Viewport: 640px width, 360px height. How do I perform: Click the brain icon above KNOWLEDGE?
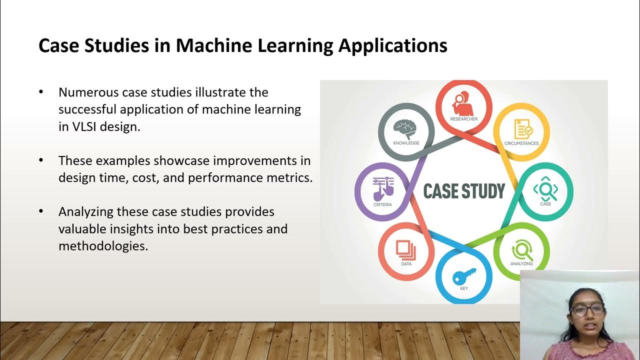tap(405, 129)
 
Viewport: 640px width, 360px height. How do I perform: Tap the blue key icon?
tap(464, 275)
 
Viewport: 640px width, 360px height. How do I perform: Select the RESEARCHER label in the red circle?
tap(464, 119)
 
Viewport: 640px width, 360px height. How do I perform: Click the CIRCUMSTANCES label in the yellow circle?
tap(521, 143)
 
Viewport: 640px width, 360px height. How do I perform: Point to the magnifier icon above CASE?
tap(545, 189)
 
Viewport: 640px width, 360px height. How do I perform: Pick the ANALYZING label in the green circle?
tap(521, 263)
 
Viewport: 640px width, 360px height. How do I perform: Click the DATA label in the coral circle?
tap(406, 263)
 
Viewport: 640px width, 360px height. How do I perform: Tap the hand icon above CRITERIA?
tap(383, 188)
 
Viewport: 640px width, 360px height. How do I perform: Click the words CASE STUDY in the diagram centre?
tap(464, 191)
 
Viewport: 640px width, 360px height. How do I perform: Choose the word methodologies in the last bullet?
tap(103, 246)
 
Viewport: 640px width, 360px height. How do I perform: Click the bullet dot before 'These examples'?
tap(41, 161)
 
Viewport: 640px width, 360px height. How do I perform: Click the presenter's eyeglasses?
tap(586, 309)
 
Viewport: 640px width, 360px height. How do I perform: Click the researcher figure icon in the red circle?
tap(464, 102)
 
